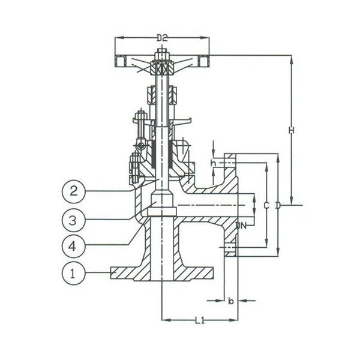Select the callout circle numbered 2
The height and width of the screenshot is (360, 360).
73,192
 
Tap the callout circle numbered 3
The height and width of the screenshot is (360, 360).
73,219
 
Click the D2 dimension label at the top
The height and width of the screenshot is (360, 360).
162,38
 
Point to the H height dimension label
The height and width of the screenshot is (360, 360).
290,130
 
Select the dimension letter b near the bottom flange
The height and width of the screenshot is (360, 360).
230,301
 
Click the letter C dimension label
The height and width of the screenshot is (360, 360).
266,206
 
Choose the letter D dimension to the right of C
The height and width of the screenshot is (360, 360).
277,206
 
